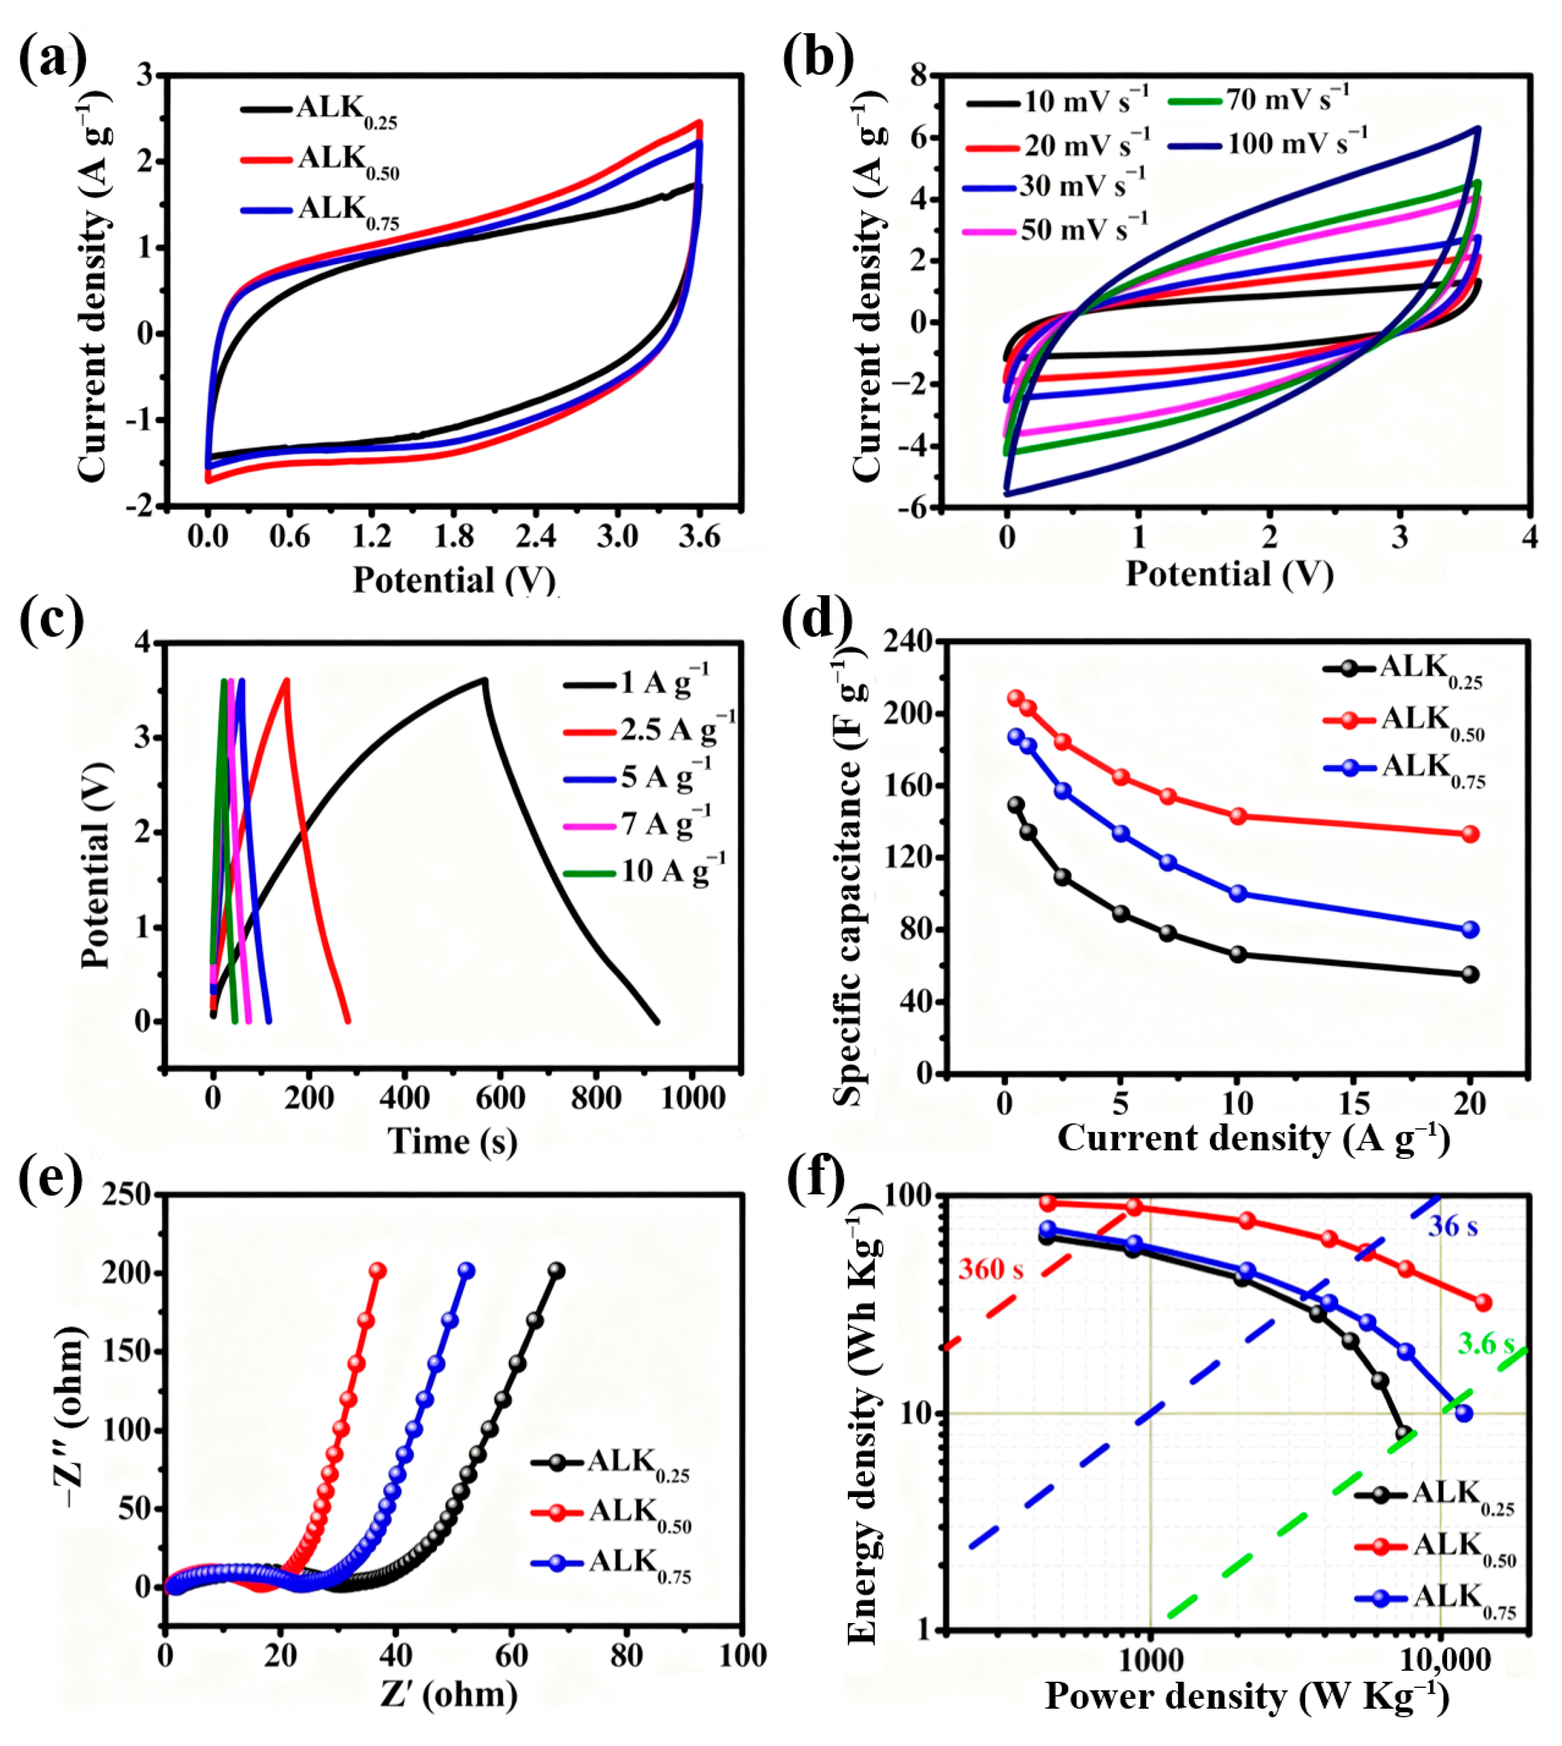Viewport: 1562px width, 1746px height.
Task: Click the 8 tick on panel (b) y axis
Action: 919,76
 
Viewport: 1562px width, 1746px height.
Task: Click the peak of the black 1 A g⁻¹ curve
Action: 485,680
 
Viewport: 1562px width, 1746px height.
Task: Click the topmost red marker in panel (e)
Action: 377,1271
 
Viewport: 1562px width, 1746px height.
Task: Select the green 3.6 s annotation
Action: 1485,1343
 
